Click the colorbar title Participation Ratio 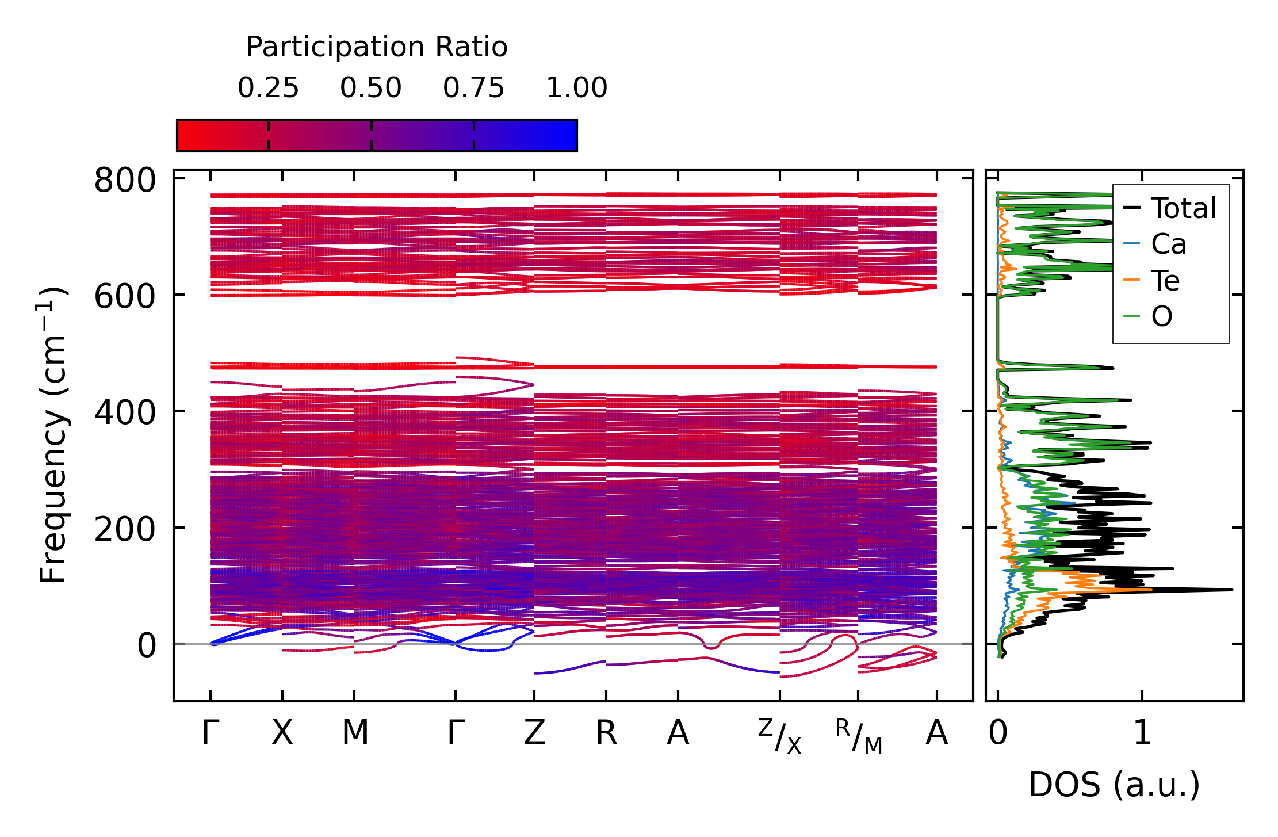coord(377,47)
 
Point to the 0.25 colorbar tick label coord(268,89)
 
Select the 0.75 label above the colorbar coord(473,89)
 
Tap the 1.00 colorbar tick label coord(576,89)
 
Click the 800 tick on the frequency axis coord(125,181)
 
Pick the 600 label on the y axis coord(125,297)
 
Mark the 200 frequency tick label coord(125,530)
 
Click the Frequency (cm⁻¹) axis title coord(53,435)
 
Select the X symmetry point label coord(282,733)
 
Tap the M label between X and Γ coord(355,733)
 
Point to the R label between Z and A coord(606,733)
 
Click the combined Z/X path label coord(780,737)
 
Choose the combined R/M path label coord(859,737)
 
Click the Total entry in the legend coord(1183,208)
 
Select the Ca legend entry coord(1168,244)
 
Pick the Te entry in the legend coord(1165,281)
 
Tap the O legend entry coord(1161,316)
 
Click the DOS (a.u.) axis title coord(1114,785)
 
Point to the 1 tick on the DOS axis coord(1142,733)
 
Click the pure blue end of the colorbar coord(572,136)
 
